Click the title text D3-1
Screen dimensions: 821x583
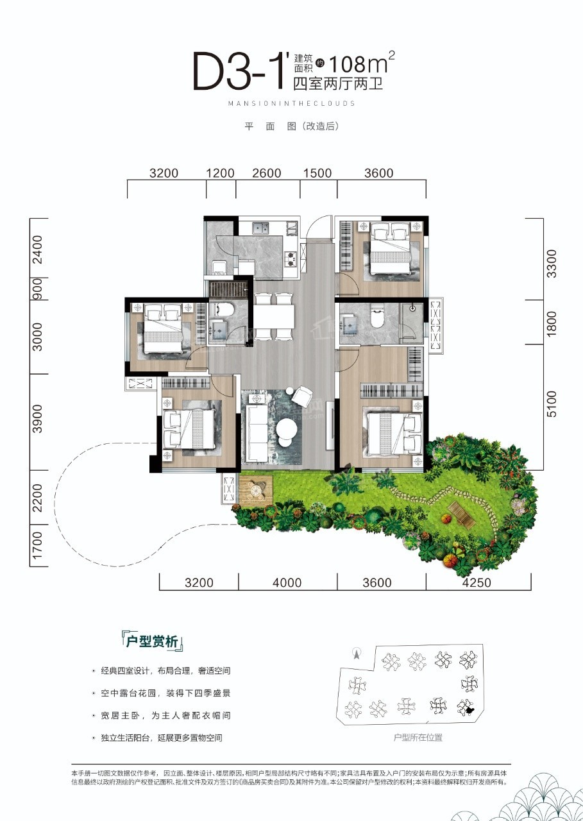[237, 72]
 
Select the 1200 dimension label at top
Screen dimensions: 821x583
[220, 173]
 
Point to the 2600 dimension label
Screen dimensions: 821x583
[267, 173]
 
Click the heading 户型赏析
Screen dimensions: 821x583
[152, 642]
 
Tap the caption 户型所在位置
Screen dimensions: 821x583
[418, 738]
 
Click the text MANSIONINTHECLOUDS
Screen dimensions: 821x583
[291, 103]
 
